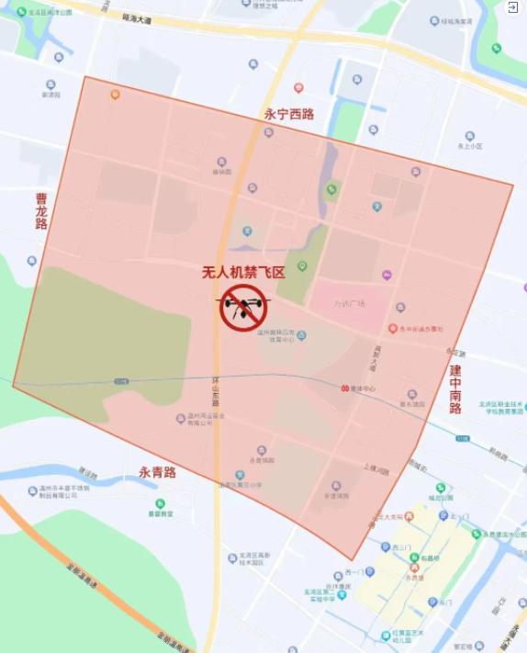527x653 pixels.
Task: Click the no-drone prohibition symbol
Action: [x=243, y=307]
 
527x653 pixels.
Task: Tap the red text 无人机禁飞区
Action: [x=243, y=272]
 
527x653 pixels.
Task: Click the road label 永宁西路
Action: [x=289, y=115]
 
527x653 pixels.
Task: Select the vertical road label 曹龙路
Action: [x=41, y=210]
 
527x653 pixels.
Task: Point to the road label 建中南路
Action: [x=455, y=388]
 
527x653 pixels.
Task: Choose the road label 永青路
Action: [x=157, y=472]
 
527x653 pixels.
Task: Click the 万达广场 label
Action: [x=349, y=304]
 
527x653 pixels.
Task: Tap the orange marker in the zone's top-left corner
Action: [x=115, y=94]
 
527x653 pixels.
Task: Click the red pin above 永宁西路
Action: [x=298, y=88]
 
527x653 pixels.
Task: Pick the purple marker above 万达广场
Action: [x=387, y=275]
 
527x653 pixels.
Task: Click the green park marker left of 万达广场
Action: [x=301, y=266]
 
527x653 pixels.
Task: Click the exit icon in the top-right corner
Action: [x=512, y=7]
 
